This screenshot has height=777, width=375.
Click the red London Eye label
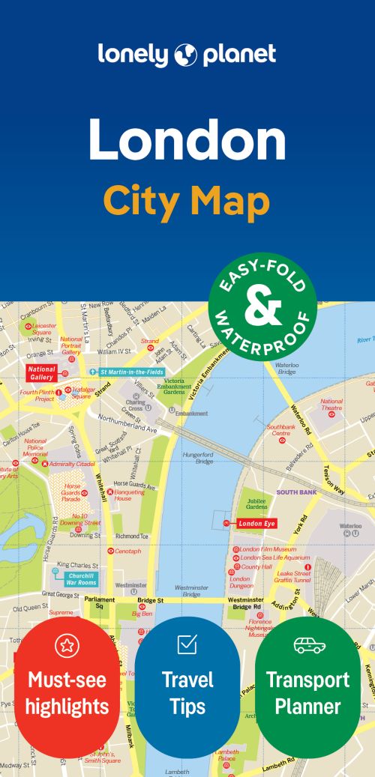click(257, 524)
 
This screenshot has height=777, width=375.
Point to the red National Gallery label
click(42, 372)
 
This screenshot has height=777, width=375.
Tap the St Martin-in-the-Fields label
click(130, 372)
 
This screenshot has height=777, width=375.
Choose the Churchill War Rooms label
click(81, 578)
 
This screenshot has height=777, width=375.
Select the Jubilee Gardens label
click(256, 504)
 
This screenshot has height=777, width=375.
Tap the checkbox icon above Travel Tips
click(187, 644)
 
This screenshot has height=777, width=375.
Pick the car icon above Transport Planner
click(308, 645)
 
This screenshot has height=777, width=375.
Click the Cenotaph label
click(127, 551)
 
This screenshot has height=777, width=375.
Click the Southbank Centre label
click(280, 430)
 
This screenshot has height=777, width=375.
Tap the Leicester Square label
click(43, 329)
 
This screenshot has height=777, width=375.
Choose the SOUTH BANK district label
click(298, 492)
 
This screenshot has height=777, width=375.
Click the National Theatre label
click(331, 405)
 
